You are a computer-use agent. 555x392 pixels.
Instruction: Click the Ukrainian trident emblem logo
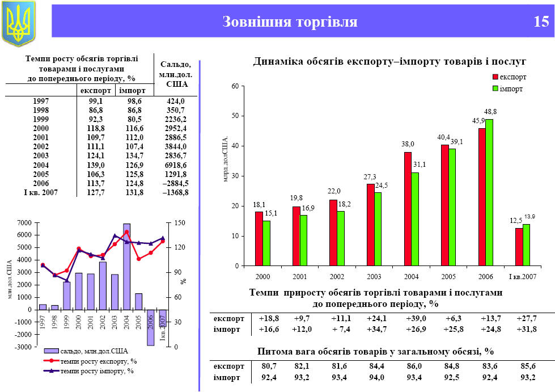(19, 23)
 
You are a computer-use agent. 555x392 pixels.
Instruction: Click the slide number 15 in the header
(541, 22)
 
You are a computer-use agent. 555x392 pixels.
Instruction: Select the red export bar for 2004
(407, 209)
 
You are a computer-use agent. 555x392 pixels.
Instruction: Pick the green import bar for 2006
(489, 192)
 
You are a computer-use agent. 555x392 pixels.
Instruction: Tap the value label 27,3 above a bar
(370, 178)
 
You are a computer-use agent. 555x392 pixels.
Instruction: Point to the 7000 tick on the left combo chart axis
(24, 223)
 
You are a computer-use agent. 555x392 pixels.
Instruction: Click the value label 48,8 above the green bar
(490, 111)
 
